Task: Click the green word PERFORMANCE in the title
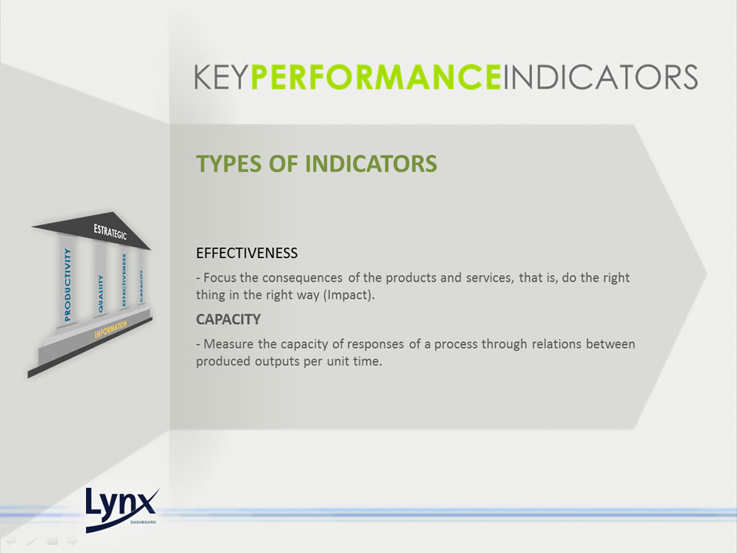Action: tap(375, 77)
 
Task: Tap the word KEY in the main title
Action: tap(221, 77)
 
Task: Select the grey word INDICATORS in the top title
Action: tap(600, 77)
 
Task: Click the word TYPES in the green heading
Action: tap(230, 164)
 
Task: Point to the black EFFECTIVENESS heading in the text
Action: tap(246, 253)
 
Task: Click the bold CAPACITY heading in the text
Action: tap(229, 320)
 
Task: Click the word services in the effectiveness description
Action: tap(490, 278)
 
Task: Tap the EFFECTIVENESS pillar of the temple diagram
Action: tap(124, 280)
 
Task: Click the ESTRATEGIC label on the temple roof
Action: tap(110, 231)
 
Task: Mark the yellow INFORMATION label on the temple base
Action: tap(111, 329)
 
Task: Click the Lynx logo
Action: tap(122, 510)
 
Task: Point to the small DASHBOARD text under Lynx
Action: tap(143, 522)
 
